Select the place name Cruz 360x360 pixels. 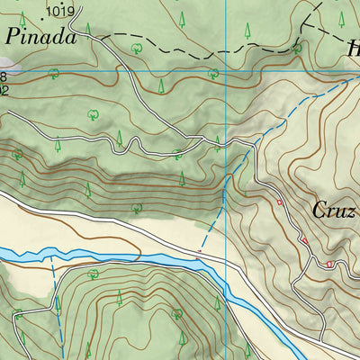pos(334,210)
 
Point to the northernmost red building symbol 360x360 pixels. pos(280,202)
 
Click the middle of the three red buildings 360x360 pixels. pos(304,240)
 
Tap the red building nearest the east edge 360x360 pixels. pos(330,264)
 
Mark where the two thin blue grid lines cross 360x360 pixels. pos(226,71)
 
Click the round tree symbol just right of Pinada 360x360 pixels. pos(135,47)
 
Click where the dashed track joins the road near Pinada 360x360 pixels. pos(101,38)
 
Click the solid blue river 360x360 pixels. pos(135,260)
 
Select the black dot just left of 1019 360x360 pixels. pos(42,12)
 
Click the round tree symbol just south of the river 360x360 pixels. pos(94,274)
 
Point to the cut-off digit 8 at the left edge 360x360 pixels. pos(4,77)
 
